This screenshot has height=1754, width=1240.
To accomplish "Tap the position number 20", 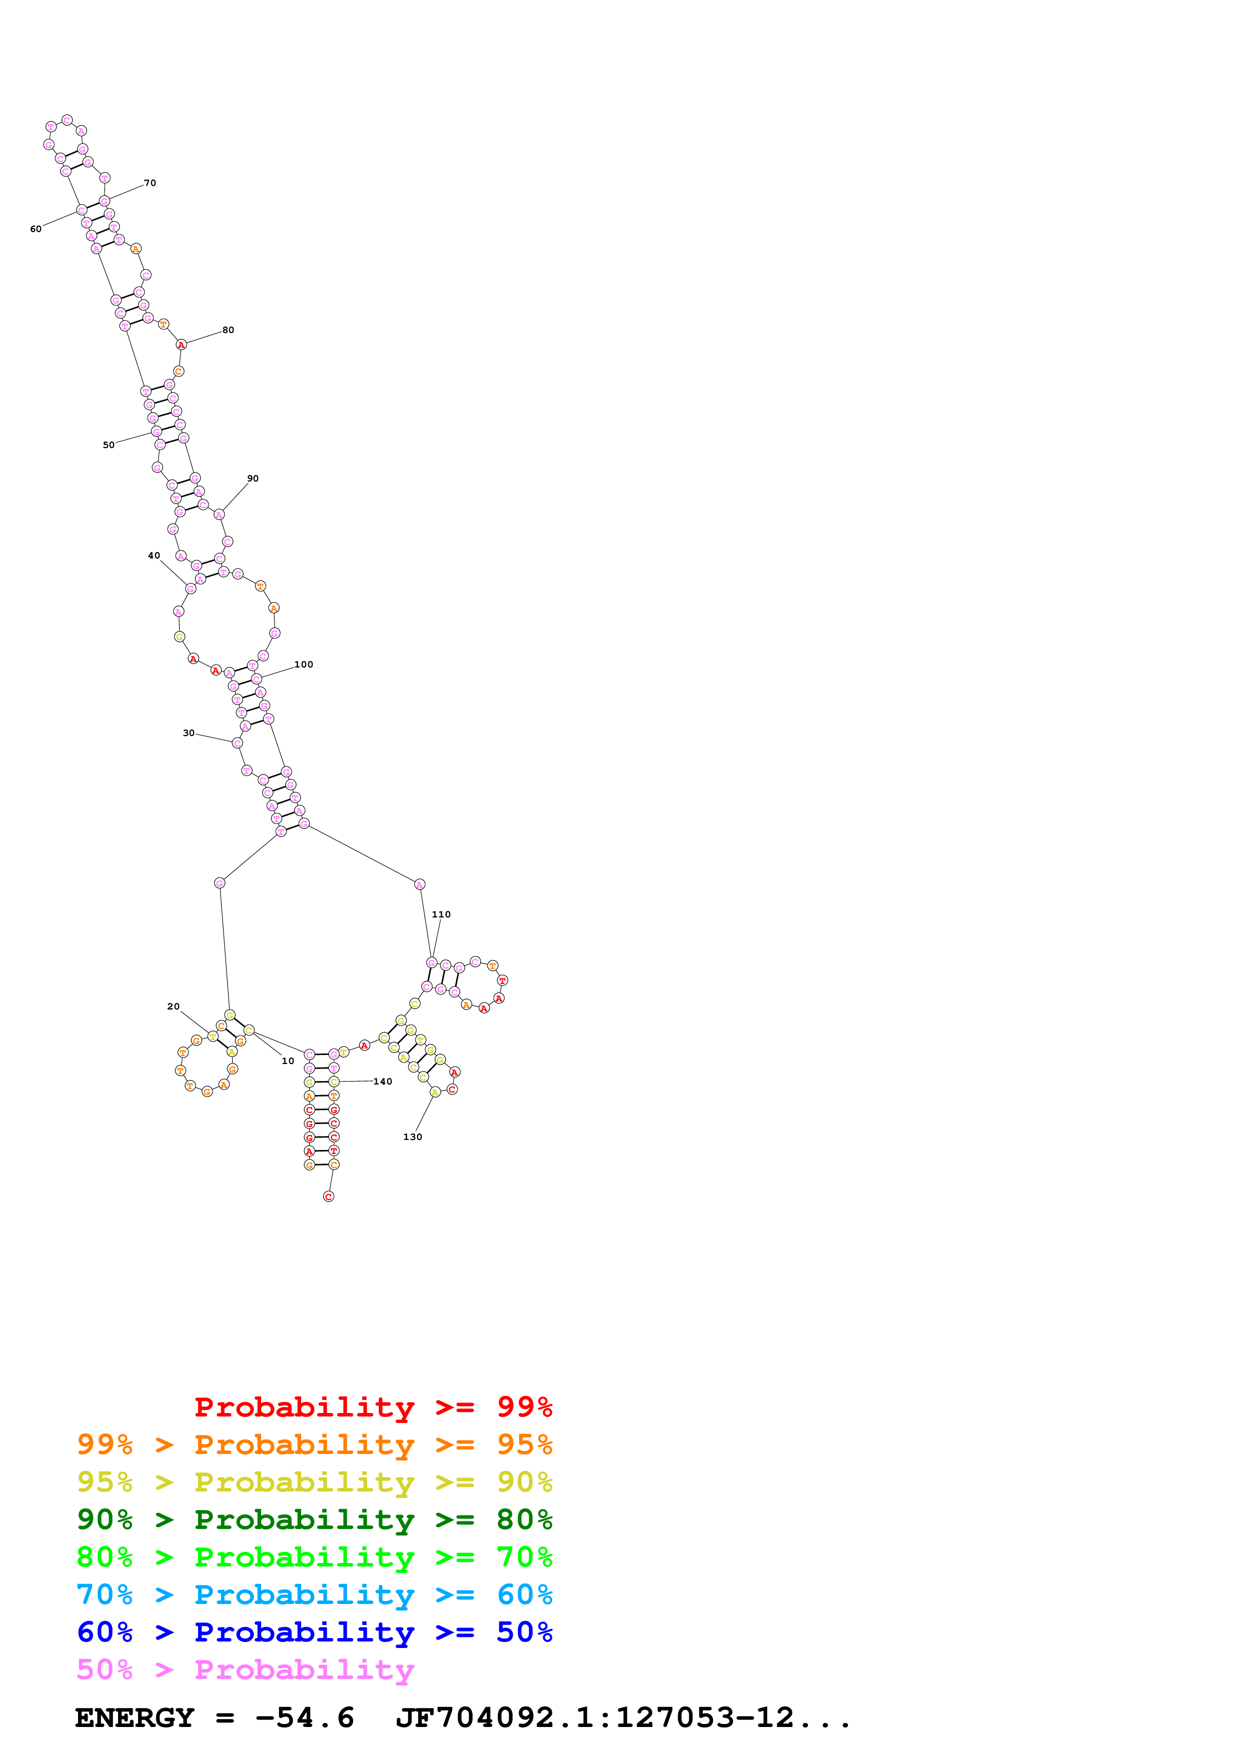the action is [x=174, y=1007].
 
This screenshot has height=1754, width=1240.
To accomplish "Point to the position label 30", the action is [x=189, y=733].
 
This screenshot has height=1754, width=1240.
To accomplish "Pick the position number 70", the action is [x=150, y=183].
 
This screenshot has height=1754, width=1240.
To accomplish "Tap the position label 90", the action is [x=253, y=479].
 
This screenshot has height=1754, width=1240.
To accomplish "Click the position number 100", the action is [x=303, y=664].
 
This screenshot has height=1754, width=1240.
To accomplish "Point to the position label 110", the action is [x=441, y=914].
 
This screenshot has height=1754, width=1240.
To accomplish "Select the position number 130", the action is [x=413, y=1136].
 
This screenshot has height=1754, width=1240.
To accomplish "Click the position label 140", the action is [x=383, y=1081].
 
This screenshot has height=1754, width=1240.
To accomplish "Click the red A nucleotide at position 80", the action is [x=181, y=345].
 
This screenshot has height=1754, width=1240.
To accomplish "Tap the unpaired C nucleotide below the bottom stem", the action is [x=329, y=1196].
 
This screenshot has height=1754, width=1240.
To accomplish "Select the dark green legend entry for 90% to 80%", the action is [x=314, y=1520].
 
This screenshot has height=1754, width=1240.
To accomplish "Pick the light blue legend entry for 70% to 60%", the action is [x=314, y=1595].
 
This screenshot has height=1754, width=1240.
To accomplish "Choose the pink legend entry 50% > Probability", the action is [x=245, y=1670].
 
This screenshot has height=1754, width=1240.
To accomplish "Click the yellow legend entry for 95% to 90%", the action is [x=314, y=1483].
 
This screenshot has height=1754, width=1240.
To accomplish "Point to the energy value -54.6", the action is [x=304, y=1718].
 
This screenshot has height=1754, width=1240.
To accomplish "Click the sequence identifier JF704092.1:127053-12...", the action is [x=623, y=1718].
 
